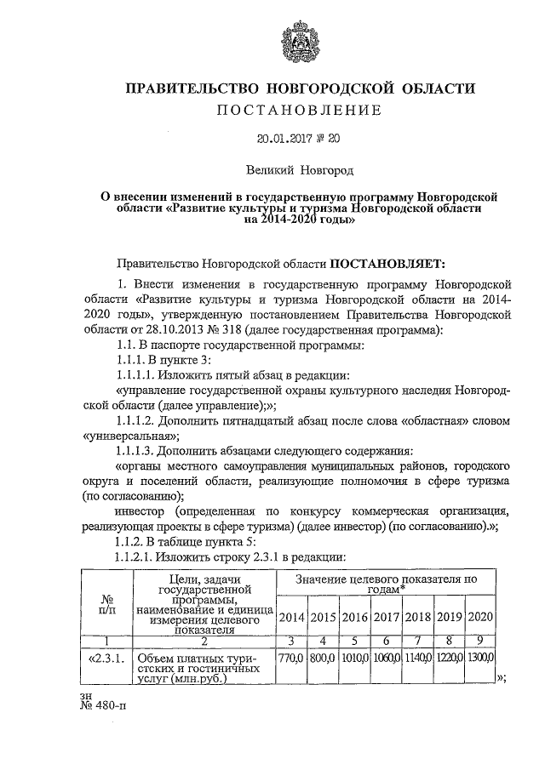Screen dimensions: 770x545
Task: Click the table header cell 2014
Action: (292, 616)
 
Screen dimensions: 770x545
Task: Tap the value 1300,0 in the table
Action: (479, 657)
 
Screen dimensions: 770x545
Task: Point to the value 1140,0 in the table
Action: (416, 657)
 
